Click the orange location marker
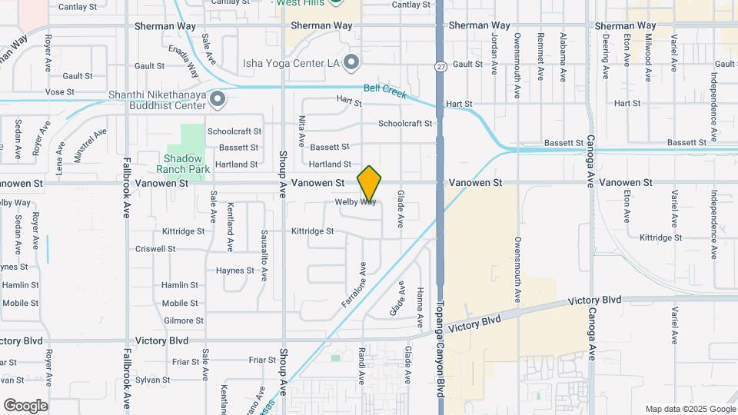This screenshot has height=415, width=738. pyautogui.click(x=370, y=184)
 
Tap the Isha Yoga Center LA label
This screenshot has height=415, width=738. pyautogui.click(x=291, y=62)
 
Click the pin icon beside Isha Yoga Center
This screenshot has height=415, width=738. pyautogui.click(x=352, y=61)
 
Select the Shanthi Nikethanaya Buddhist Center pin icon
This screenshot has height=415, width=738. pyautogui.click(x=218, y=98)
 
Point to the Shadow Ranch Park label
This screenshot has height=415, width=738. pyautogui.click(x=182, y=163)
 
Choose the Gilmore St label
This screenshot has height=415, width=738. pyautogui.click(x=183, y=320)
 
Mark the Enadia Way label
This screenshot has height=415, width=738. pyautogui.click(x=189, y=62)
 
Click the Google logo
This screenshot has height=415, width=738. pyautogui.click(x=25, y=406)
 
